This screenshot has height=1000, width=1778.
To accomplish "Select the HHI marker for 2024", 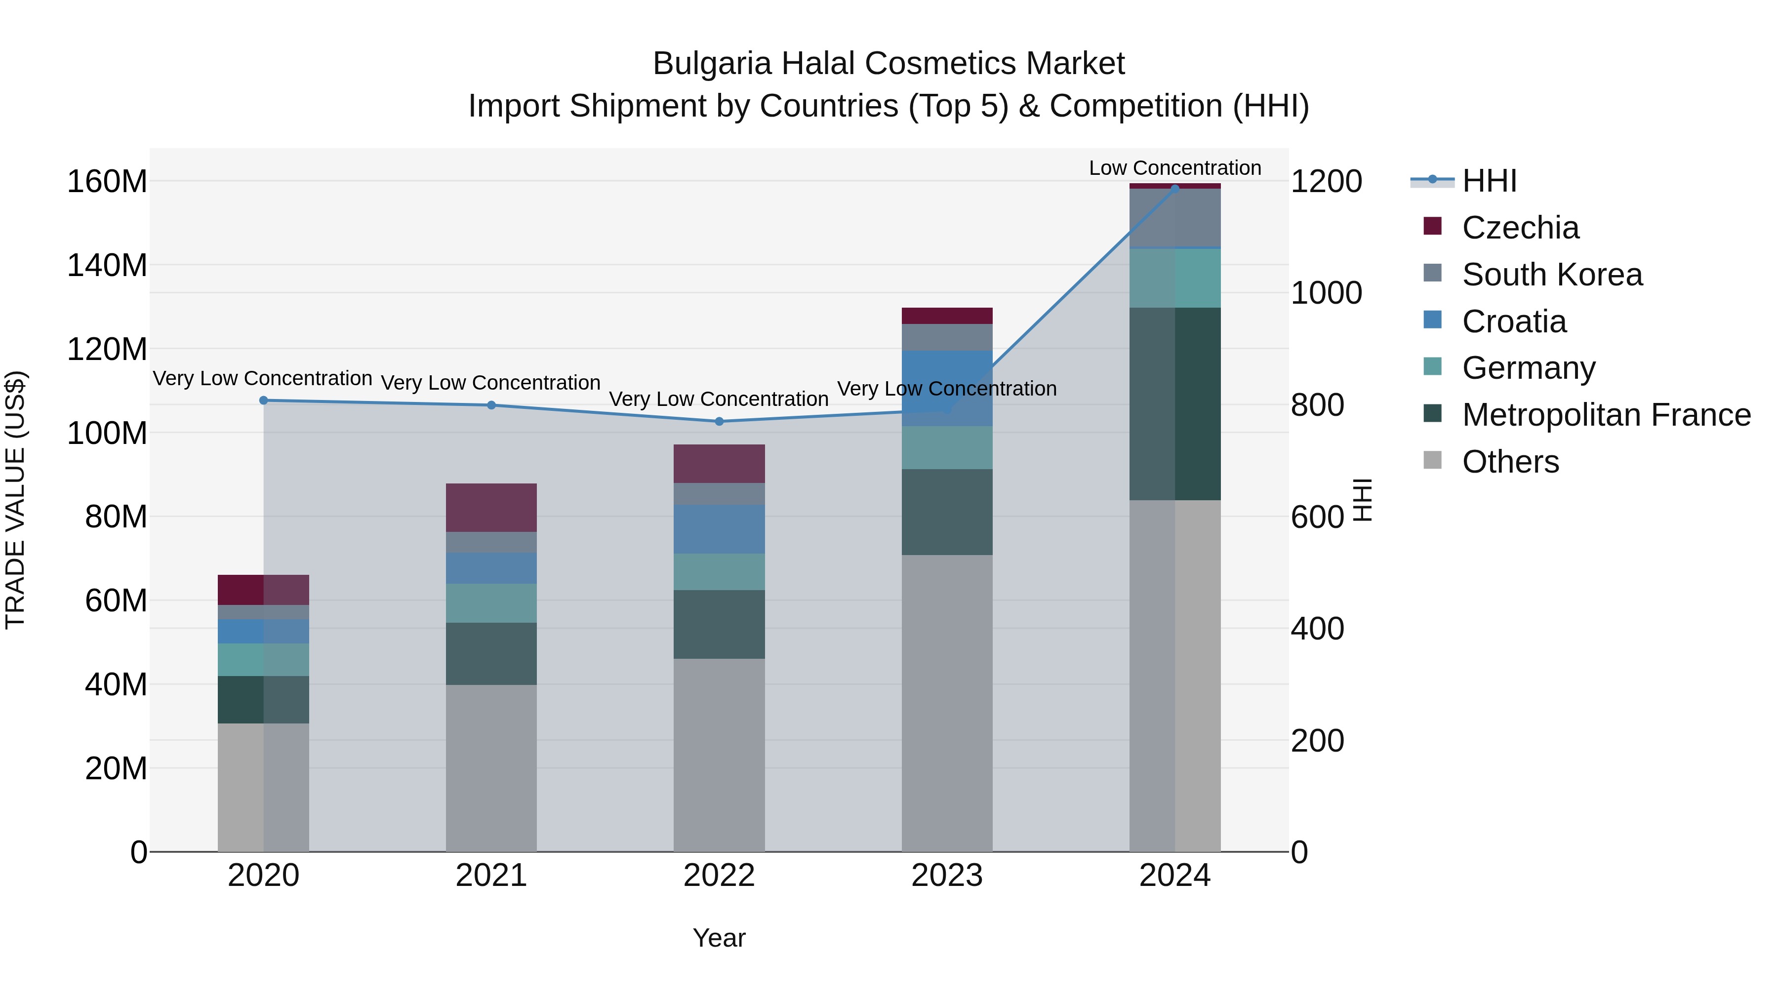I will [x=1175, y=189].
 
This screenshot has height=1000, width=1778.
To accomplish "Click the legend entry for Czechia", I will [x=1520, y=228].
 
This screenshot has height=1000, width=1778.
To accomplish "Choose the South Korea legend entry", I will [x=1552, y=275].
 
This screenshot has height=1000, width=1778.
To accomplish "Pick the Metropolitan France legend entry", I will [x=1606, y=415].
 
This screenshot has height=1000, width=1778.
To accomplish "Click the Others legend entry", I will [x=1510, y=462].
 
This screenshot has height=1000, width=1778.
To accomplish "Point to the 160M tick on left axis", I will [x=107, y=182].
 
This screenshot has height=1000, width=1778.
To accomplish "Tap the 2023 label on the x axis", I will [x=947, y=875].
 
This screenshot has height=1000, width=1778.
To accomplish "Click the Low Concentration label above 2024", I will [x=1175, y=168].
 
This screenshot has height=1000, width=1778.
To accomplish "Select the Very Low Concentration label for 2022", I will [x=719, y=399].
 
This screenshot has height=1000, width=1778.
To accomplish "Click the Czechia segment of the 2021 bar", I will [x=491, y=507].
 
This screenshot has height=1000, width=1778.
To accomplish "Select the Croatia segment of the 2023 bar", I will [x=947, y=388].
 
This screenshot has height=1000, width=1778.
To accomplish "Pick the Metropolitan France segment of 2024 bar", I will [x=1175, y=404].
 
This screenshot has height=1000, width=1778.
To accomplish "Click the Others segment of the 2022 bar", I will [x=719, y=754].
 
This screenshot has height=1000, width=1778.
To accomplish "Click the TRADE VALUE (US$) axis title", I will [x=15, y=500].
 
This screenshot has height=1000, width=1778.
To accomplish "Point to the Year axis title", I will [x=719, y=938].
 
